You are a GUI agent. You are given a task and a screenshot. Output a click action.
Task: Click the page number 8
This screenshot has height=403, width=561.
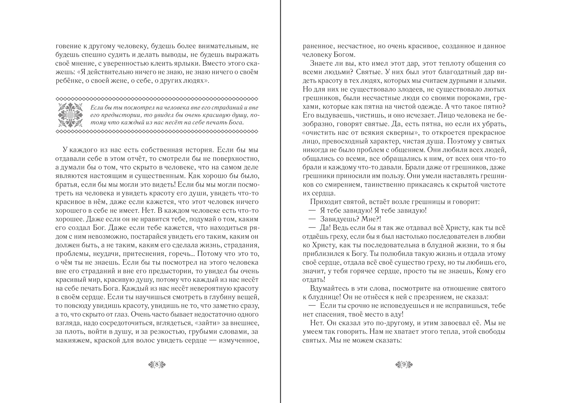[x=157, y=364]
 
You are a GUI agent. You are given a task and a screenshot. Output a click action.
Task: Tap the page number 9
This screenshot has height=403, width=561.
[x=404, y=364]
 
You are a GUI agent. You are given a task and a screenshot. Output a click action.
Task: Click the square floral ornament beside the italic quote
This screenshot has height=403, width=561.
[x=70, y=115]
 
